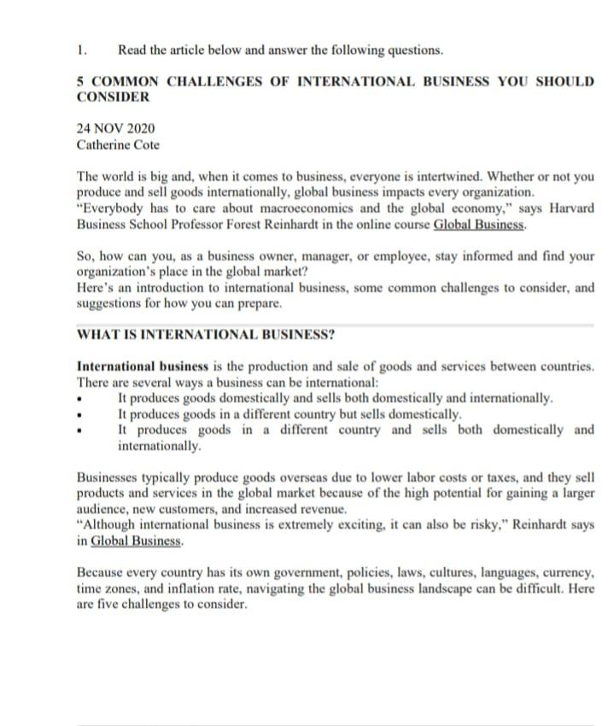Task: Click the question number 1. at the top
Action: pos(81,50)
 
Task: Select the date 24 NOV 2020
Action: pos(116,128)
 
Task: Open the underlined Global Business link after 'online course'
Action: pos(480,225)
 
